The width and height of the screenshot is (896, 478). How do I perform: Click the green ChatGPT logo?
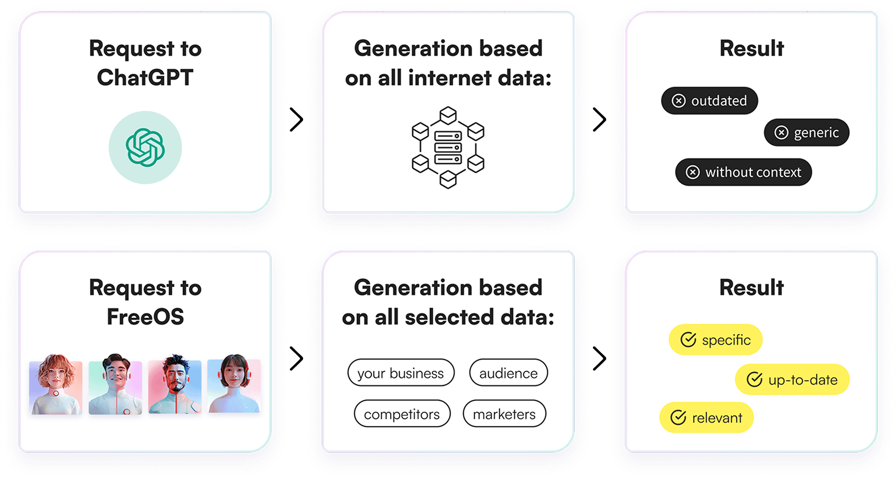[x=145, y=147]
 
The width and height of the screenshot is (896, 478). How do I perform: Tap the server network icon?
[x=448, y=147]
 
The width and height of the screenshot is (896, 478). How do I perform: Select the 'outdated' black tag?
[x=709, y=101]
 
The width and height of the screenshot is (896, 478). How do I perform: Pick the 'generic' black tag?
[x=806, y=132]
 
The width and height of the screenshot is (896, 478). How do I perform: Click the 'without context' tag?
[x=743, y=172]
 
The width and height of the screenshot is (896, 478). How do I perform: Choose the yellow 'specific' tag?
[x=715, y=340]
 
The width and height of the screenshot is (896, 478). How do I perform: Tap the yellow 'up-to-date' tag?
[x=792, y=379]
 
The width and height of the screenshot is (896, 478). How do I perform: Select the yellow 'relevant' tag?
[x=706, y=418]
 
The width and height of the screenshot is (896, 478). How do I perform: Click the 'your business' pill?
[x=401, y=373]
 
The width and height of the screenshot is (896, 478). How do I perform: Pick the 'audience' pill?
[x=508, y=373]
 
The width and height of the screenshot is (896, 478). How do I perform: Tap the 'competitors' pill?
[x=402, y=414]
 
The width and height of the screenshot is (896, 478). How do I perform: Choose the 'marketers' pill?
[x=504, y=414]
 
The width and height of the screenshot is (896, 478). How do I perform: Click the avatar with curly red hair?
[x=55, y=385]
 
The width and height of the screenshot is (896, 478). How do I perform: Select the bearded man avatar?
[x=175, y=385]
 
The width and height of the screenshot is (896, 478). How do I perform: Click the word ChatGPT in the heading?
[x=145, y=78]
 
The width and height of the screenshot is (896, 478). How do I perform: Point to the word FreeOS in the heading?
[x=145, y=317]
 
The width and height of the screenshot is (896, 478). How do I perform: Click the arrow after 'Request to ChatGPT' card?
[x=296, y=119]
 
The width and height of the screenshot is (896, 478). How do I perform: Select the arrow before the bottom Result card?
[x=600, y=358]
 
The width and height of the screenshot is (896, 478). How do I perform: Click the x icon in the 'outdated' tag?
[x=679, y=101]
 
